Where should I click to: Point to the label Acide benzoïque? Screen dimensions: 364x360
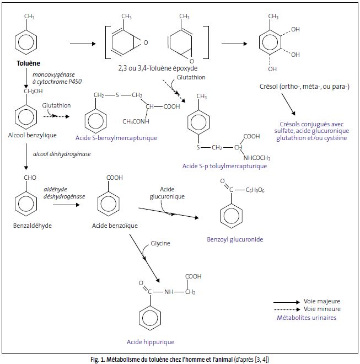click(115, 226)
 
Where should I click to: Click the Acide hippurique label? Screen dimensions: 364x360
click(147, 341)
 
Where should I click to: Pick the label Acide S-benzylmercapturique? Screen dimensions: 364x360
click(115, 137)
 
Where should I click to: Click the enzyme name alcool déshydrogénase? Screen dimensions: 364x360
click(62, 154)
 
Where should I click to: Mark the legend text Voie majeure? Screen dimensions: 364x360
click(322, 302)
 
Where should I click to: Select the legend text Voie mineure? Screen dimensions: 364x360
click(322, 309)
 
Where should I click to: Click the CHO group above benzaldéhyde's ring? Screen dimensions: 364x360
click(26, 178)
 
